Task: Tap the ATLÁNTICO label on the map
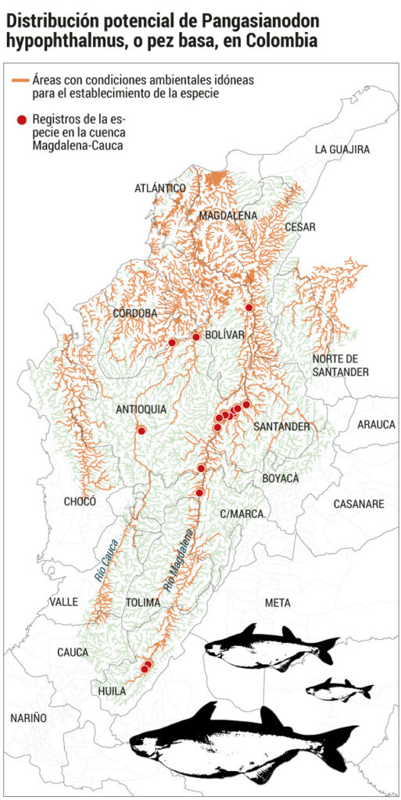(159, 188)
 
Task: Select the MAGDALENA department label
(227, 215)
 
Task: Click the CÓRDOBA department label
(135, 313)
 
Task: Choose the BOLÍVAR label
(225, 334)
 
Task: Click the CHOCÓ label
(80, 502)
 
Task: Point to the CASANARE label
(359, 504)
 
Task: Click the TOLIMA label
(142, 602)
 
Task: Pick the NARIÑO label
(28, 717)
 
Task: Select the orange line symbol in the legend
(21, 80)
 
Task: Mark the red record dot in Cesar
(249, 308)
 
